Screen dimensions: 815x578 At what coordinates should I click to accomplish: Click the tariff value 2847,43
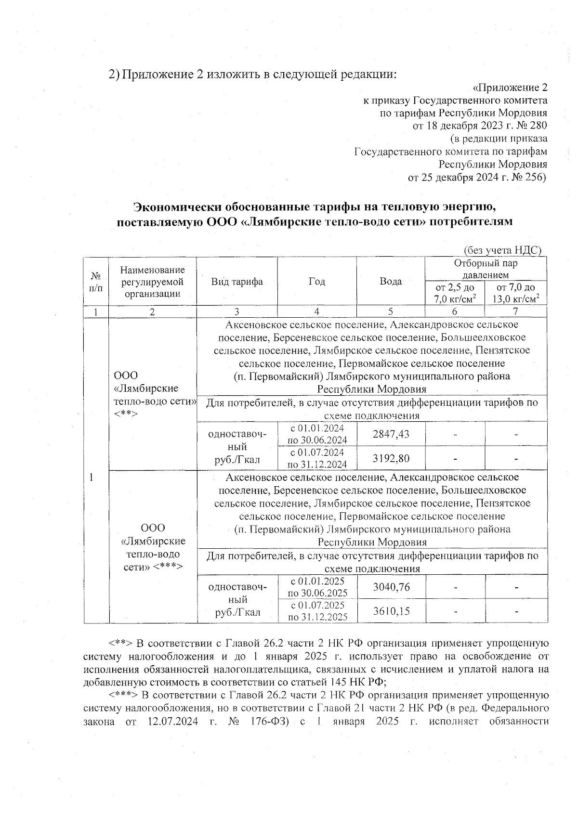pyautogui.click(x=391, y=434)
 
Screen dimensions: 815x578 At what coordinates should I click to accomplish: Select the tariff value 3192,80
pyautogui.click(x=391, y=458)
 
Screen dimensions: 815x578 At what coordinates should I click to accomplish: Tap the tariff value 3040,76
pyautogui.click(x=391, y=587)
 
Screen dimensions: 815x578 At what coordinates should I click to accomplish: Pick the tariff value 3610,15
pyautogui.click(x=391, y=611)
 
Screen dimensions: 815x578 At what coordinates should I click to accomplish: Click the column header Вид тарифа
pyautogui.click(x=237, y=282)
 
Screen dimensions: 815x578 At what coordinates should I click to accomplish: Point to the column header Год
pyautogui.click(x=317, y=282)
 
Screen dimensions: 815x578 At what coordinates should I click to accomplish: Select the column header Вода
pyautogui.click(x=391, y=282)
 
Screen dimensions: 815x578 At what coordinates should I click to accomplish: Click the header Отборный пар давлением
pyautogui.click(x=486, y=269)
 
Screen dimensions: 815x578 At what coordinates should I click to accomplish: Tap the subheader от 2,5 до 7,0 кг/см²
pyautogui.click(x=455, y=293)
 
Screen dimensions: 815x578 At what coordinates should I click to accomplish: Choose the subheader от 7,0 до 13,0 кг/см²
pyautogui.click(x=516, y=293)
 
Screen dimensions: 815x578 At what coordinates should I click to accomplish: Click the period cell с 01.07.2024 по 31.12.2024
pyautogui.click(x=317, y=458)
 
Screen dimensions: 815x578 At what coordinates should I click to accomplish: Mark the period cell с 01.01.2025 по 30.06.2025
pyautogui.click(x=317, y=587)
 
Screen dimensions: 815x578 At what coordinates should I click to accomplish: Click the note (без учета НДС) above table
pyautogui.click(x=502, y=250)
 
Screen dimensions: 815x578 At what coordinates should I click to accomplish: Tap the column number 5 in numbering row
pyautogui.click(x=391, y=311)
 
